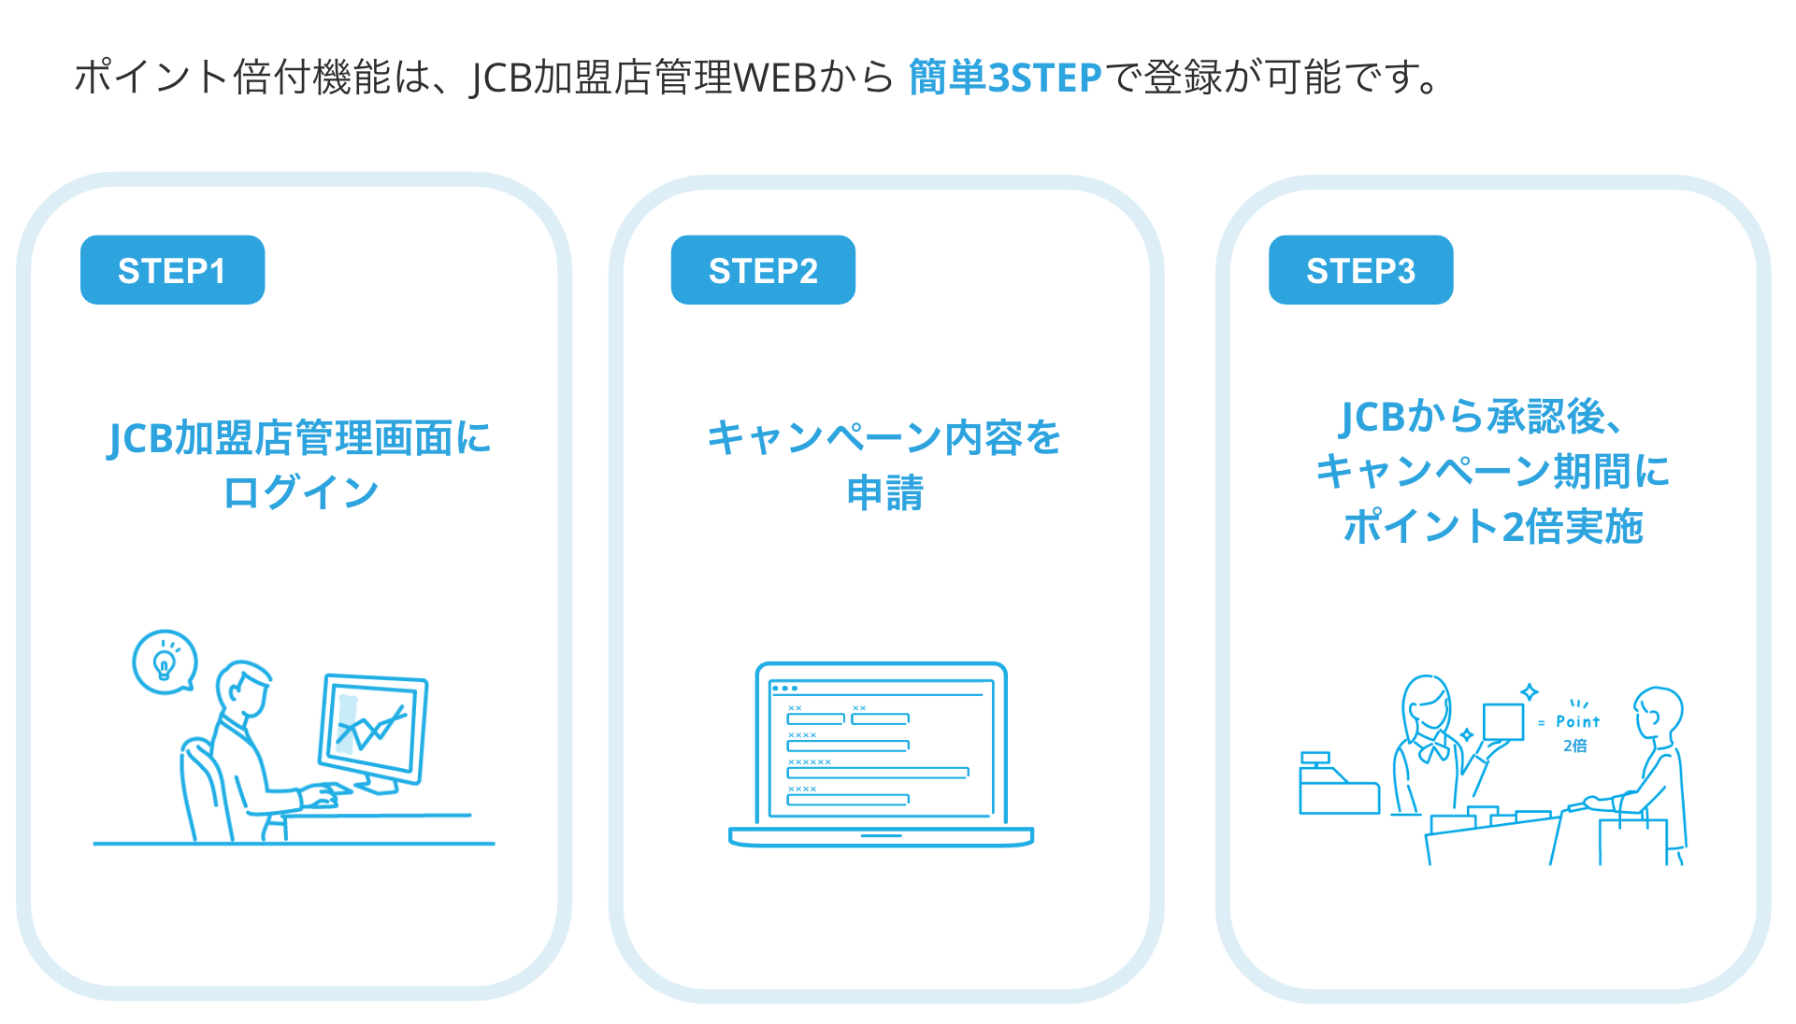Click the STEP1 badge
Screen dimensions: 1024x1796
172,270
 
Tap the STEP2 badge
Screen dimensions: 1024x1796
763,270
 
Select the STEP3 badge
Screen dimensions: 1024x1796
1360,270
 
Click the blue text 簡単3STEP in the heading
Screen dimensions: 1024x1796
1005,78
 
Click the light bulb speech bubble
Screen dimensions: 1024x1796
165,661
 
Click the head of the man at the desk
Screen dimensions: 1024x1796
242,688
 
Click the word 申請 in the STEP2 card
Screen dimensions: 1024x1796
884,492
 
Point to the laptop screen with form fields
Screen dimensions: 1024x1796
881,748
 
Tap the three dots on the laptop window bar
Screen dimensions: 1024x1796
784,689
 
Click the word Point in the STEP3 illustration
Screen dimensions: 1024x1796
1577,721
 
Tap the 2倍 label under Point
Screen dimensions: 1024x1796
1575,746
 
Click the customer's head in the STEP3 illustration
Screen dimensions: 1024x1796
1659,713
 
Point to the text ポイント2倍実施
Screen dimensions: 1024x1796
1493,527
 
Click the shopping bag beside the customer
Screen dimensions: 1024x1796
1631,840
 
